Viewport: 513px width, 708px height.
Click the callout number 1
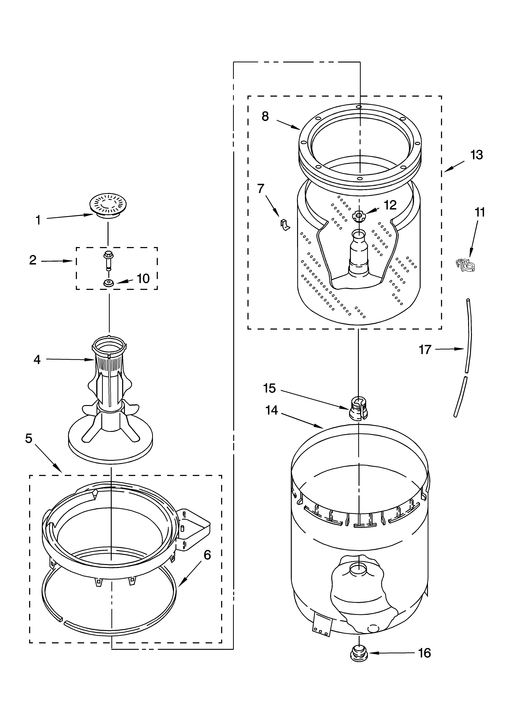38,220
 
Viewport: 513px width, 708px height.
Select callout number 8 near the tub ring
265,116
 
